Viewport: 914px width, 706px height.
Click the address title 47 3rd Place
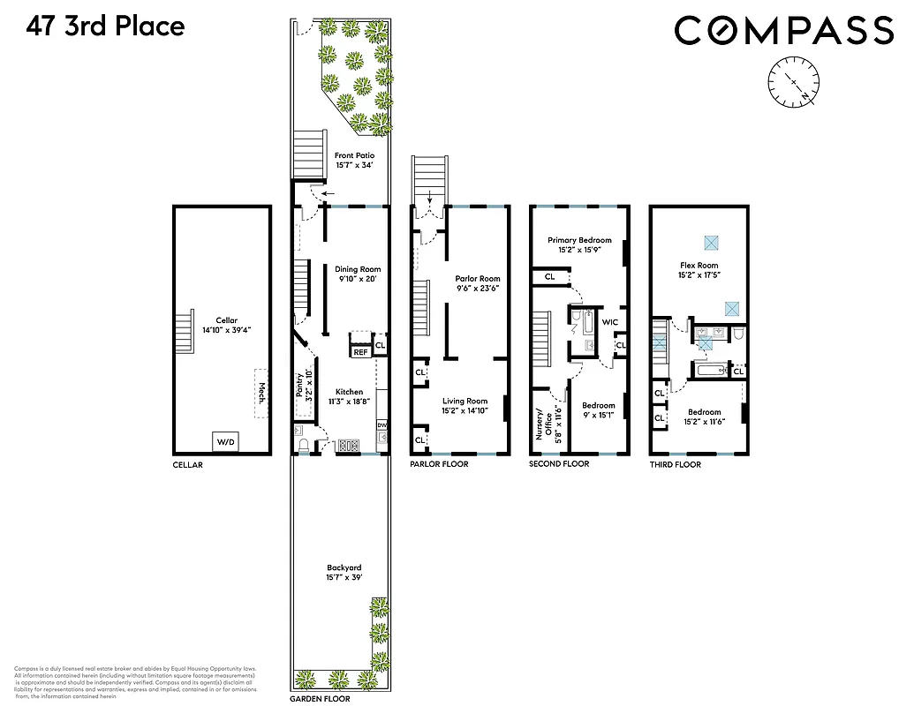point(105,26)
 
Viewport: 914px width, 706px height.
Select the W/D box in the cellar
point(225,441)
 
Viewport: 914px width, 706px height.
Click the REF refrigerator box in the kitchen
point(360,352)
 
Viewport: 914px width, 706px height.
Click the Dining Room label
point(357,274)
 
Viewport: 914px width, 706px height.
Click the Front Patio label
point(354,160)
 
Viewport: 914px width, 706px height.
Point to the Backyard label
point(344,573)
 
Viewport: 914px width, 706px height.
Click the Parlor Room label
point(478,283)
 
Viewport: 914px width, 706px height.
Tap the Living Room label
point(465,406)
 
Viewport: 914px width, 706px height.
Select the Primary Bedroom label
point(578,244)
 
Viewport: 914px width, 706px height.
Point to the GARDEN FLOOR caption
point(320,698)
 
